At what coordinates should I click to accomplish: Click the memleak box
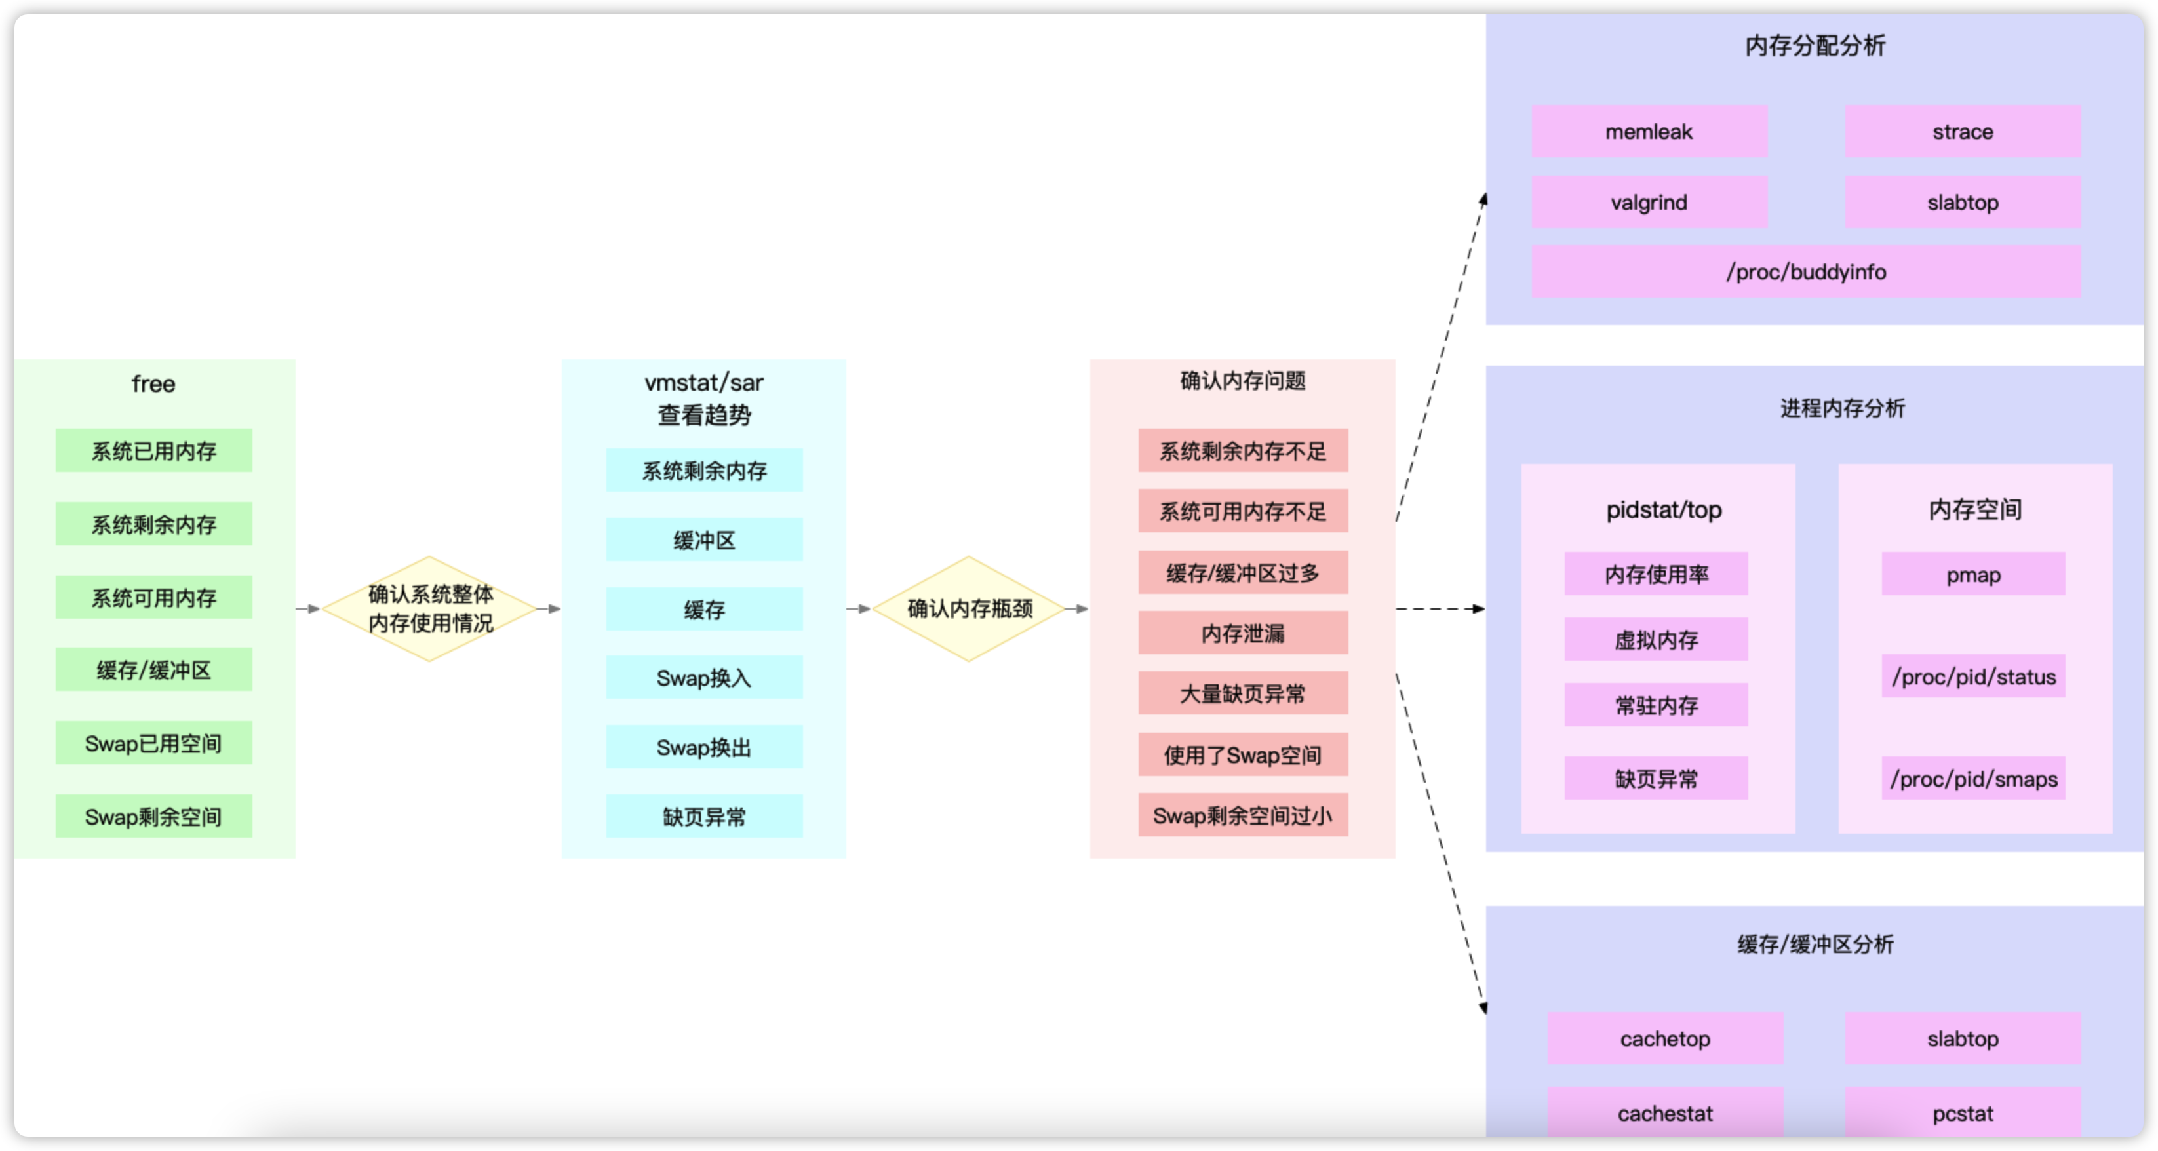pyautogui.click(x=1649, y=132)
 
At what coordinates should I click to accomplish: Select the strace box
pyautogui.click(x=1962, y=132)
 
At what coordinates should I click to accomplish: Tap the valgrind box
pyautogui.click(x=1649, y=202)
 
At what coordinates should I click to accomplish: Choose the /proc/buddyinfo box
pyautogui.click(x=1805, y=271)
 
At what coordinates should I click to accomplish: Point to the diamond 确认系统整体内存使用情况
pyautogui.click(x=430, y=609)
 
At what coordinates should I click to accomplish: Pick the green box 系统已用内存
pyautogui.click(x=153, y=451)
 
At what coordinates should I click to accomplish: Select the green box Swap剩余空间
pyautogui.click(x=153, y=816)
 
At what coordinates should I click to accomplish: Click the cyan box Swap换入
pyautogui.click(x=703, y=678)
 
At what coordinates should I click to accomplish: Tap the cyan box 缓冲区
pyautogui.click(x=703, y=540)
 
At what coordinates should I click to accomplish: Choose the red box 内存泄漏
pyautogui.click(x=1242, y=633)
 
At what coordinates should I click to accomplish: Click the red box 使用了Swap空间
pyautogui.click(x=1242, y=754)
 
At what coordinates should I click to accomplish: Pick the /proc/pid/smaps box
pyautogui.click(x=1973, y=778)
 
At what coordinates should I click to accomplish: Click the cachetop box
pyautogui.click(x=1664, y=1039)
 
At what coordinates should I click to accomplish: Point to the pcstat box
pyautogui.click(x=1962, y=1112)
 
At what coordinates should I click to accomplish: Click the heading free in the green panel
pyautogui.click(x=153, y=383)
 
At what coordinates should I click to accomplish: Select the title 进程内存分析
pyautogui.click(x=1842, y=408)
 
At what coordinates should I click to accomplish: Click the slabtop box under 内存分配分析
pyautogui.click(x=1962, y=202)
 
